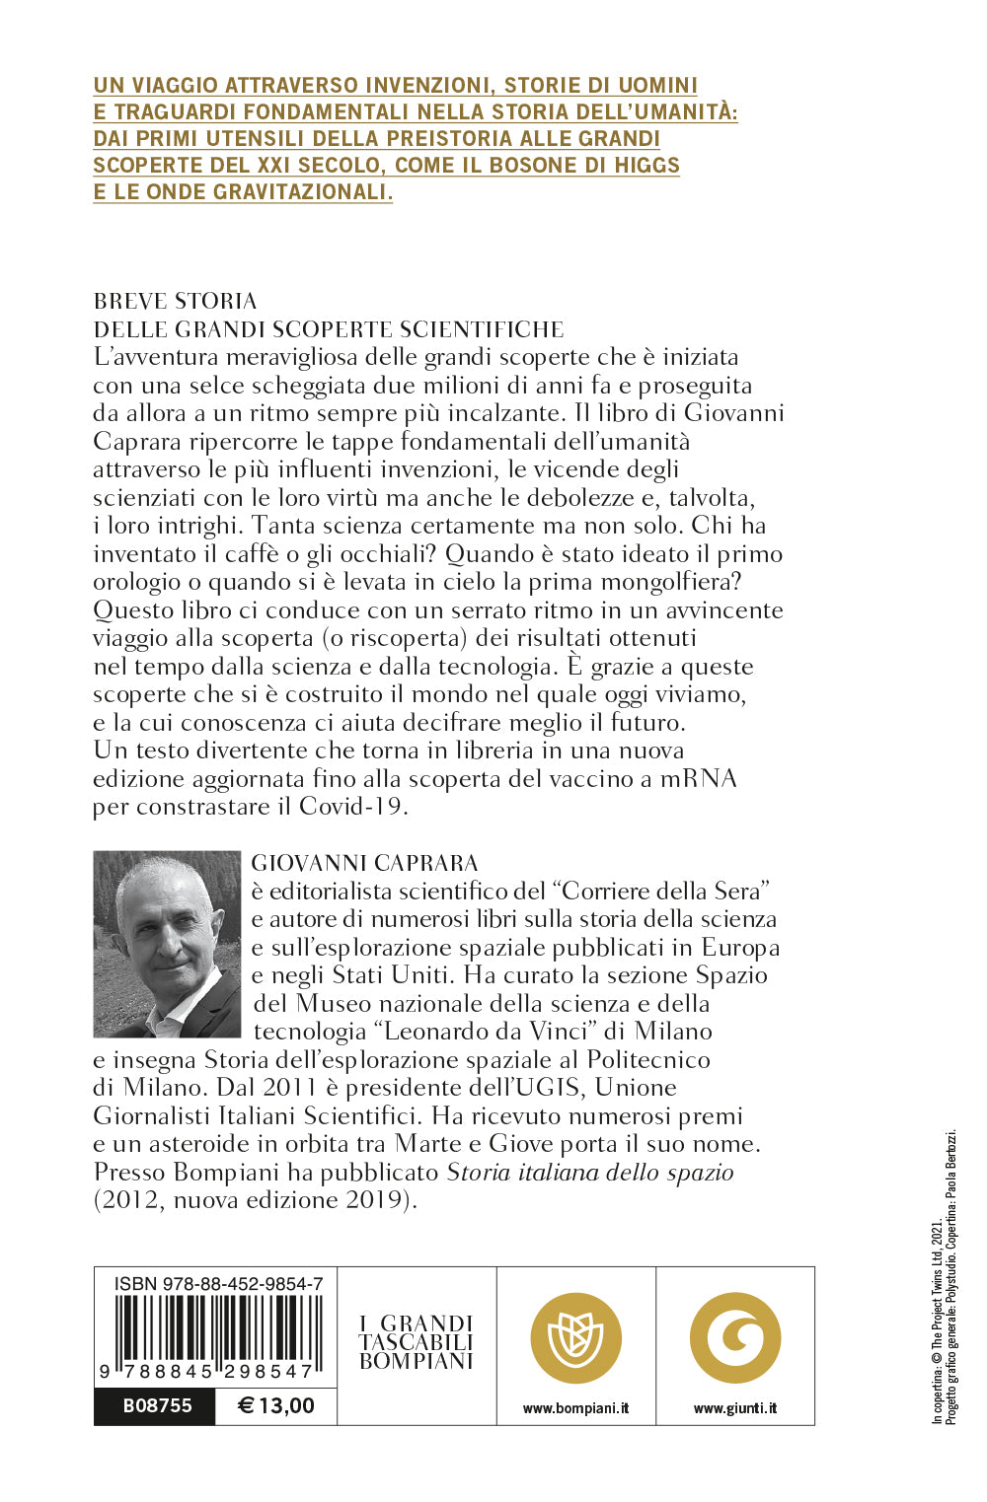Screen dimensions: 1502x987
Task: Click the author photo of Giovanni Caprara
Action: pyautogui.click(x=167, y=944)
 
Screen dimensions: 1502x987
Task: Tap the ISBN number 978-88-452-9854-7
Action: pyautogui.click(x=218, y=1284)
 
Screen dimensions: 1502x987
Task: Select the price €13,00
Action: pyautogui.click(x=276, y=1405)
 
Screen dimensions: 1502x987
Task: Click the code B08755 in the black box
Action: pyautogui.click(x=157, y=1405)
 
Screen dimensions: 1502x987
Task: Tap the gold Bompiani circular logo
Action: pyautogui.click(x=576, y=1337)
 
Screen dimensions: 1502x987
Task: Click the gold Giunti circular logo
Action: pyautogui.click(x=735, y=1337)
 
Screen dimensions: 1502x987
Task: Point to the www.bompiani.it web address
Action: pyautogui.click(x=575, y=1408)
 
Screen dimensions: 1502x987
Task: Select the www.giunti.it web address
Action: pyautogui.click(x=735, y=1408)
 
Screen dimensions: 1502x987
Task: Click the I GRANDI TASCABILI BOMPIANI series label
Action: pyautogui.click(x=417, y=1342)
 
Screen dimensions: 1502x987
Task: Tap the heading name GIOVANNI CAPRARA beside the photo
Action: pyautogui.click(x=365, y=863)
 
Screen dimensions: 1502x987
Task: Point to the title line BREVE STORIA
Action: pyautogui.click(x=175, y=301)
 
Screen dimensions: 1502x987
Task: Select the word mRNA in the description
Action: pyautogui.click(x=698, y=778)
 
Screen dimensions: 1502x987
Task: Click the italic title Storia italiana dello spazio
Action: pyautogui.click(x=590, y=1172)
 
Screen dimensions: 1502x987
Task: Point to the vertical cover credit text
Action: pyautogui.click(x=945, y=1277)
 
